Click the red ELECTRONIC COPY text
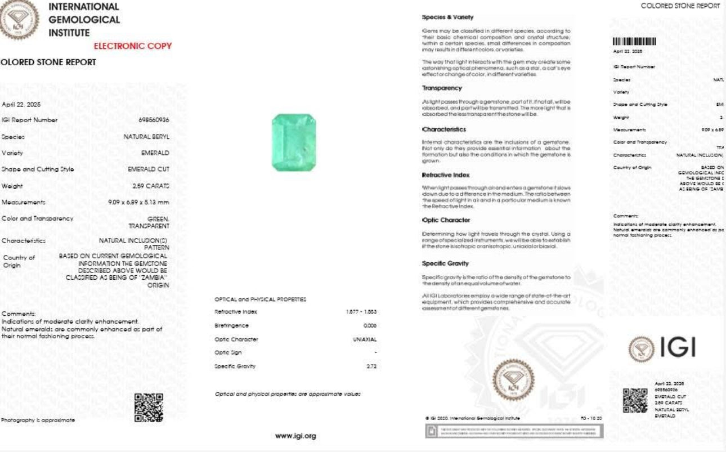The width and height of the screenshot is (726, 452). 132,46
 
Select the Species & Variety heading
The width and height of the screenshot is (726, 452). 448,17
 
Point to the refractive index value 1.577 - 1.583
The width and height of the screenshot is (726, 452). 361,311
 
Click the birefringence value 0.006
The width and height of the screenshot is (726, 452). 370,325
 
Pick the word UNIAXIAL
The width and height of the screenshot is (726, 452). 364,339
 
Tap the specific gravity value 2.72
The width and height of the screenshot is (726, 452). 371,366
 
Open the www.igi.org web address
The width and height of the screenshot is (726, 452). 295,436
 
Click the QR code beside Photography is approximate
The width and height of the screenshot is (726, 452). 149,408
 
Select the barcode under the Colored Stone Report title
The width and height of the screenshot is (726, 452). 634,41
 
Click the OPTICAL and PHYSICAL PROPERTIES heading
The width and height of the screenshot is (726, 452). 260,299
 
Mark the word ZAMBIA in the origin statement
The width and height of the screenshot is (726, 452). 152,278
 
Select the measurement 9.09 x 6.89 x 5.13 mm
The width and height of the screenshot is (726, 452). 138,202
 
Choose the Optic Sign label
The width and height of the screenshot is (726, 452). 228,352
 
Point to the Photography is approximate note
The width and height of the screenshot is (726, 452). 38,420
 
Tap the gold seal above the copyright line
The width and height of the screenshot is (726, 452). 513,379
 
